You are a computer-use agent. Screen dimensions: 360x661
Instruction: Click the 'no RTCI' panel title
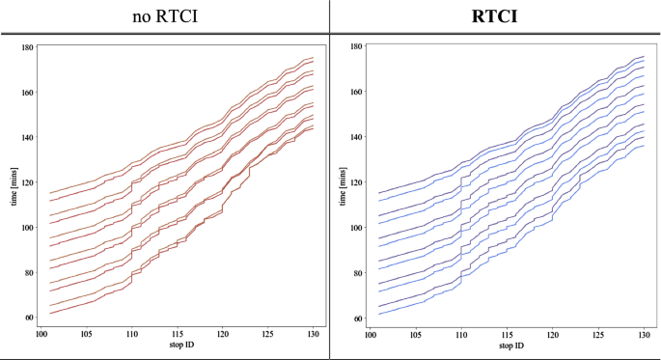click(x=164, y=16)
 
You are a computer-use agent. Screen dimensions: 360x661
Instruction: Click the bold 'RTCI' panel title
click(x=494, y=16)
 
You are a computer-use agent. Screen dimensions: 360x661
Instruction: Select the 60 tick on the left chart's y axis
click(x=29, y=318)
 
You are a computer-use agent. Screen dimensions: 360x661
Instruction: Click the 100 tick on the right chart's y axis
click(x=356, y=228)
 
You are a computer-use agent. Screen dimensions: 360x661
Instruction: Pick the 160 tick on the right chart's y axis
click(x=356, y=93)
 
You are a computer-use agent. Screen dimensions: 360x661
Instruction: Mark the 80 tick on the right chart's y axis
click(x=358, y=273)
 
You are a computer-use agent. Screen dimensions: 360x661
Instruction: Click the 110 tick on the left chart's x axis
click(x=133, y=335)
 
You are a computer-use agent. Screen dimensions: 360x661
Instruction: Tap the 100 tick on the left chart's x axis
click(x=42, y=335)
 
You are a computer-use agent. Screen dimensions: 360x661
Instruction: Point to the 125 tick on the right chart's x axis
click(x=596, y=335)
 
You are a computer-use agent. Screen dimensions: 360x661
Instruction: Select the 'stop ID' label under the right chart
click(x=507, y=345)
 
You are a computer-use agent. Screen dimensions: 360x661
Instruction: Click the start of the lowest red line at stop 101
click(x=51, y=313)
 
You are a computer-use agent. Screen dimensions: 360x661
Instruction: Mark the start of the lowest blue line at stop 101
click(x=380, y=313)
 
